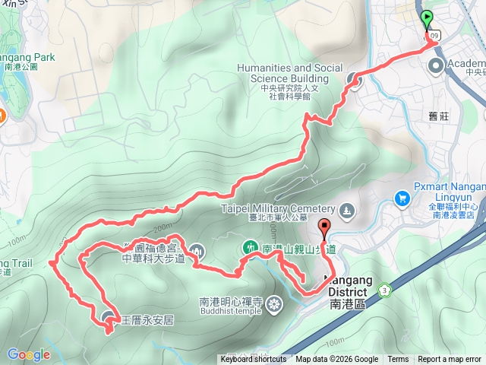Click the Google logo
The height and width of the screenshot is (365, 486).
point(28,354)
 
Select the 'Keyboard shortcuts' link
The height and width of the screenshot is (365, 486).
point(254,360)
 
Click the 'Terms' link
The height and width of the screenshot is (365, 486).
point(397,360)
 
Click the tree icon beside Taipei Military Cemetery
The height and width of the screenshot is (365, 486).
point(346,210)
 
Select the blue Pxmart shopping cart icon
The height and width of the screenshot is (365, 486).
point(402,198)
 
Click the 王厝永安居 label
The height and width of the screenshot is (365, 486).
point(148,320)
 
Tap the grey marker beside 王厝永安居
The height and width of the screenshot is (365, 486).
point(108,318)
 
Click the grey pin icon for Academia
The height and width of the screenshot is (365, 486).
point(437,65)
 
